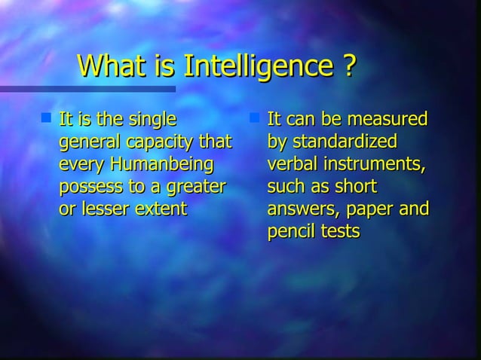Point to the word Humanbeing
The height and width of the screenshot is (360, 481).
point(161,163)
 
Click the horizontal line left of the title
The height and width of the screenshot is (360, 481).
point(34,89)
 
